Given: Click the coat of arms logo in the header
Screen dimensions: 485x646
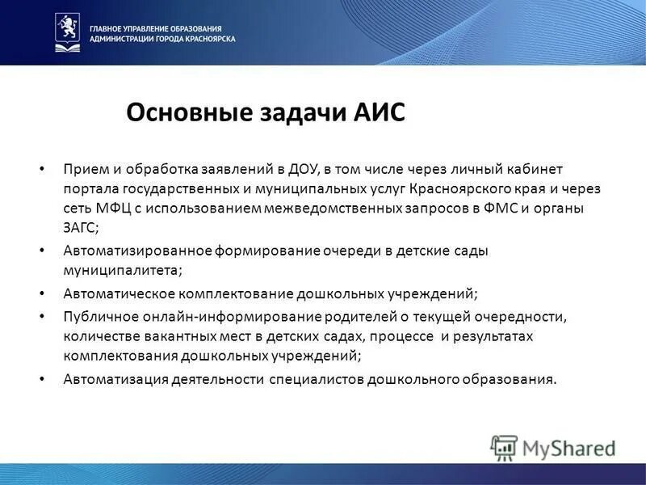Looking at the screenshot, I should point(67,32).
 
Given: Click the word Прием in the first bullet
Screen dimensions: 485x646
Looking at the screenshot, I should point(82,169).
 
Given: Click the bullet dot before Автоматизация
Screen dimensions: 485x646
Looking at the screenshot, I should point(42,378).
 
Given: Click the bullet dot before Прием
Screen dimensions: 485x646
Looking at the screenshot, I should point(42,169).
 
